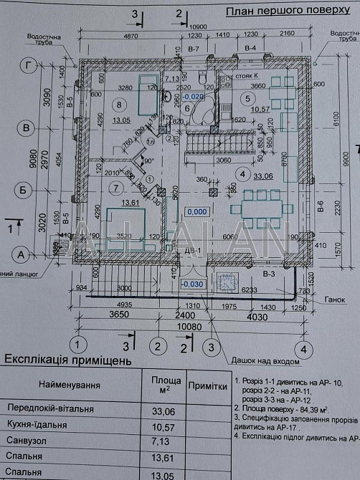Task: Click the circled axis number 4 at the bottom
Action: click(304, 349)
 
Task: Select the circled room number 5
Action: click(248, 98)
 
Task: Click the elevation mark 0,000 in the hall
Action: click(195, 212)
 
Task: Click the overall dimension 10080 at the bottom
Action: click(189, 326)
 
